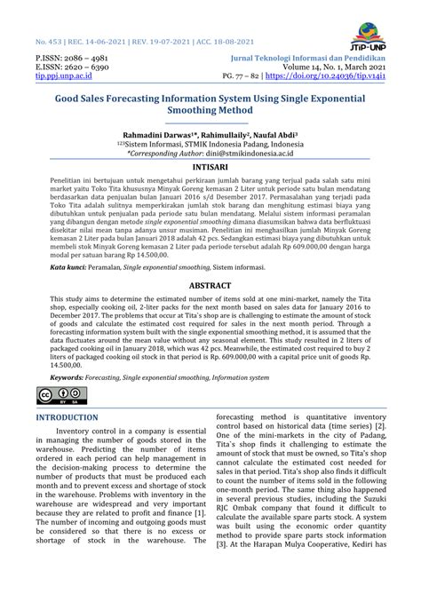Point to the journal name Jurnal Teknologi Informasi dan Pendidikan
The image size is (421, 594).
(305, 55)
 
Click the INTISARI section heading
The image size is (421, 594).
(210, 166)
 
